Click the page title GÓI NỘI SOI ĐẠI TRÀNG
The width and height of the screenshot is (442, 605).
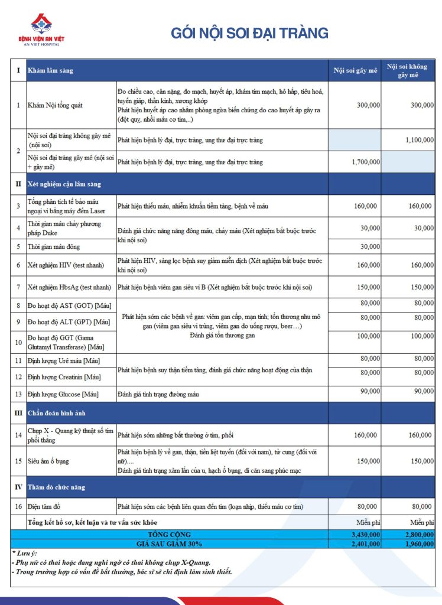[x=249, y=33]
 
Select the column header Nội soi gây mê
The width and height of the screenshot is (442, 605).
[x=355, y=70]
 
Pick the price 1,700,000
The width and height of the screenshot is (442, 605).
[x=366, y=161]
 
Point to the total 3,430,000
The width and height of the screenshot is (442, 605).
[x=366, y=534]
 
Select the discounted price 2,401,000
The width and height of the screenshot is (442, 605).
[x=366, y=544]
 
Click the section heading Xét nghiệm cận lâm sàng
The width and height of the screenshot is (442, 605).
[x=64, y=184]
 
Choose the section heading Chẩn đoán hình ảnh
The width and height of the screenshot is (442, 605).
[x=57, y=412]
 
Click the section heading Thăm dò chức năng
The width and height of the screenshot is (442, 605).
[x=56, y=487]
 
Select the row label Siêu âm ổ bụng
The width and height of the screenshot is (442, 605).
[x=52, y=461]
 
